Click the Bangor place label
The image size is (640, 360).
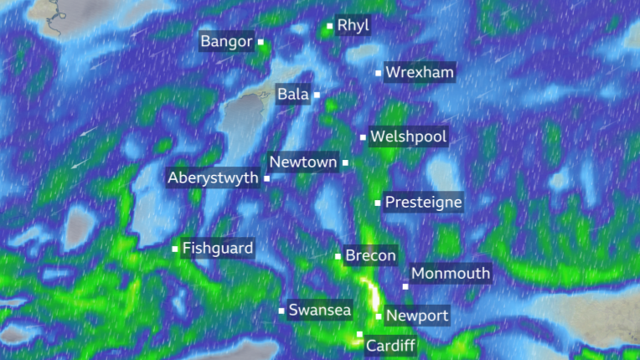(225, 41)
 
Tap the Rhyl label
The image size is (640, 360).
(353, 26)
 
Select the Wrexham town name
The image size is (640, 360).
(420, 73)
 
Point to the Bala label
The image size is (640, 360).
(293, 95)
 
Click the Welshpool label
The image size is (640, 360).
(409, 136)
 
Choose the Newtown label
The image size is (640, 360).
(303, 162)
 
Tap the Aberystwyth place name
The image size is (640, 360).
(213, 178)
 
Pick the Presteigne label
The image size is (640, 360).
(423, 203)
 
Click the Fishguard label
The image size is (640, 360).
(217, 248)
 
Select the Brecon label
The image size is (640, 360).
(370, 256)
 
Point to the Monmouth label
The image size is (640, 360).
(451, 274)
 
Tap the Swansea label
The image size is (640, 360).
(319, 311)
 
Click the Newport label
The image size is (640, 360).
(417, 316)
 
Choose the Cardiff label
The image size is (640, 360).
(390, 345)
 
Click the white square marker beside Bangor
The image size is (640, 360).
(261, 41)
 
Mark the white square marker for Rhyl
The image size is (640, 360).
(329, 26)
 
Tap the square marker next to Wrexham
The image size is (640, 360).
(378, 73)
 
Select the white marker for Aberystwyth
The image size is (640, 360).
(266, 178)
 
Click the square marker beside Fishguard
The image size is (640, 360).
(175, 248)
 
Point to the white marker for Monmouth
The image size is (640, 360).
(405, 286)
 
